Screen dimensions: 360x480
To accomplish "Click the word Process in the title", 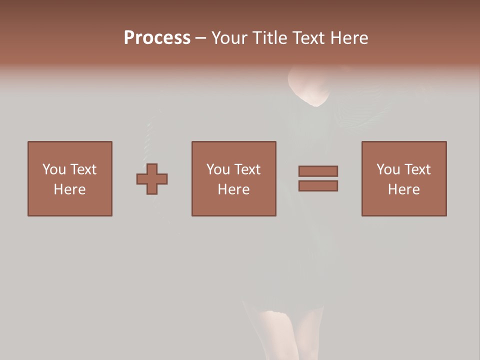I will tap(157, 38).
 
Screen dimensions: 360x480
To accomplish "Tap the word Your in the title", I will tap(230, 38).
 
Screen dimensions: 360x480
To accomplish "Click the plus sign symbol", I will tap(152, 179).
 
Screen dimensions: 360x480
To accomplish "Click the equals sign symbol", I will tap(318, 178).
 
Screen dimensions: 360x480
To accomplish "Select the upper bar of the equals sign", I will tap(318, 171).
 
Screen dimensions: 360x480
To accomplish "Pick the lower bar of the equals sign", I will tap(318, 185).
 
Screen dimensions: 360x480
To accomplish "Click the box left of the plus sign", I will tap(70, 178).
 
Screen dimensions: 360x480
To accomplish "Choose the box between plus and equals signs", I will tap(233, 178).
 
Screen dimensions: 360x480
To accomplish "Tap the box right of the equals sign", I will tap(403, 178).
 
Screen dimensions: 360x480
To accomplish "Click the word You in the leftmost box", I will tap(54, 169).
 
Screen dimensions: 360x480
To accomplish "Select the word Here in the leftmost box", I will tap(70, 189).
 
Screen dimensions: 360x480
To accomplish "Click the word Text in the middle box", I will tap(247, 169).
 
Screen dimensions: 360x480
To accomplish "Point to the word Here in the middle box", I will tap(233, 189).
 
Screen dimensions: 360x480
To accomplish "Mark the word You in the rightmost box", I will tap(388, 169).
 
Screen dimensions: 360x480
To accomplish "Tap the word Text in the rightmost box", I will tap(417, 169).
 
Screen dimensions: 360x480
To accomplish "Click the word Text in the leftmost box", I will tap(83, 169).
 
